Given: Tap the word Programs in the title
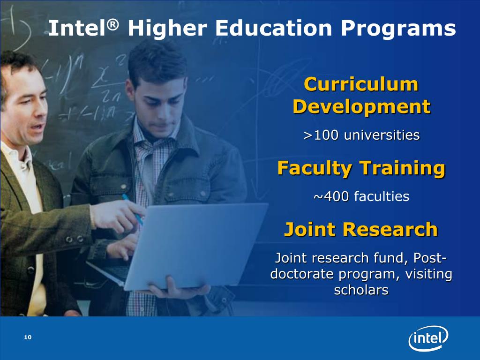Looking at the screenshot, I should pos(398,29).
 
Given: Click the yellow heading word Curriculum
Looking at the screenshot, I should pos(361,85).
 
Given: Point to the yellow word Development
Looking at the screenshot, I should pos(361,107).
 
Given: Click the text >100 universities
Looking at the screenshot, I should pos(361,135).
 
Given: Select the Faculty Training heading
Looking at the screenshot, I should pos(361,167).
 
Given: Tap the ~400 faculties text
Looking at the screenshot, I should pos(361,196).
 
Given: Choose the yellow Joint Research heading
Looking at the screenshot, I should pos(361,230).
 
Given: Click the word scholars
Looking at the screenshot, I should pos(361,290).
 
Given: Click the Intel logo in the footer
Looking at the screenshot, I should pos(428,338).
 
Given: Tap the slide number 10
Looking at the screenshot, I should pos(27,338).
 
